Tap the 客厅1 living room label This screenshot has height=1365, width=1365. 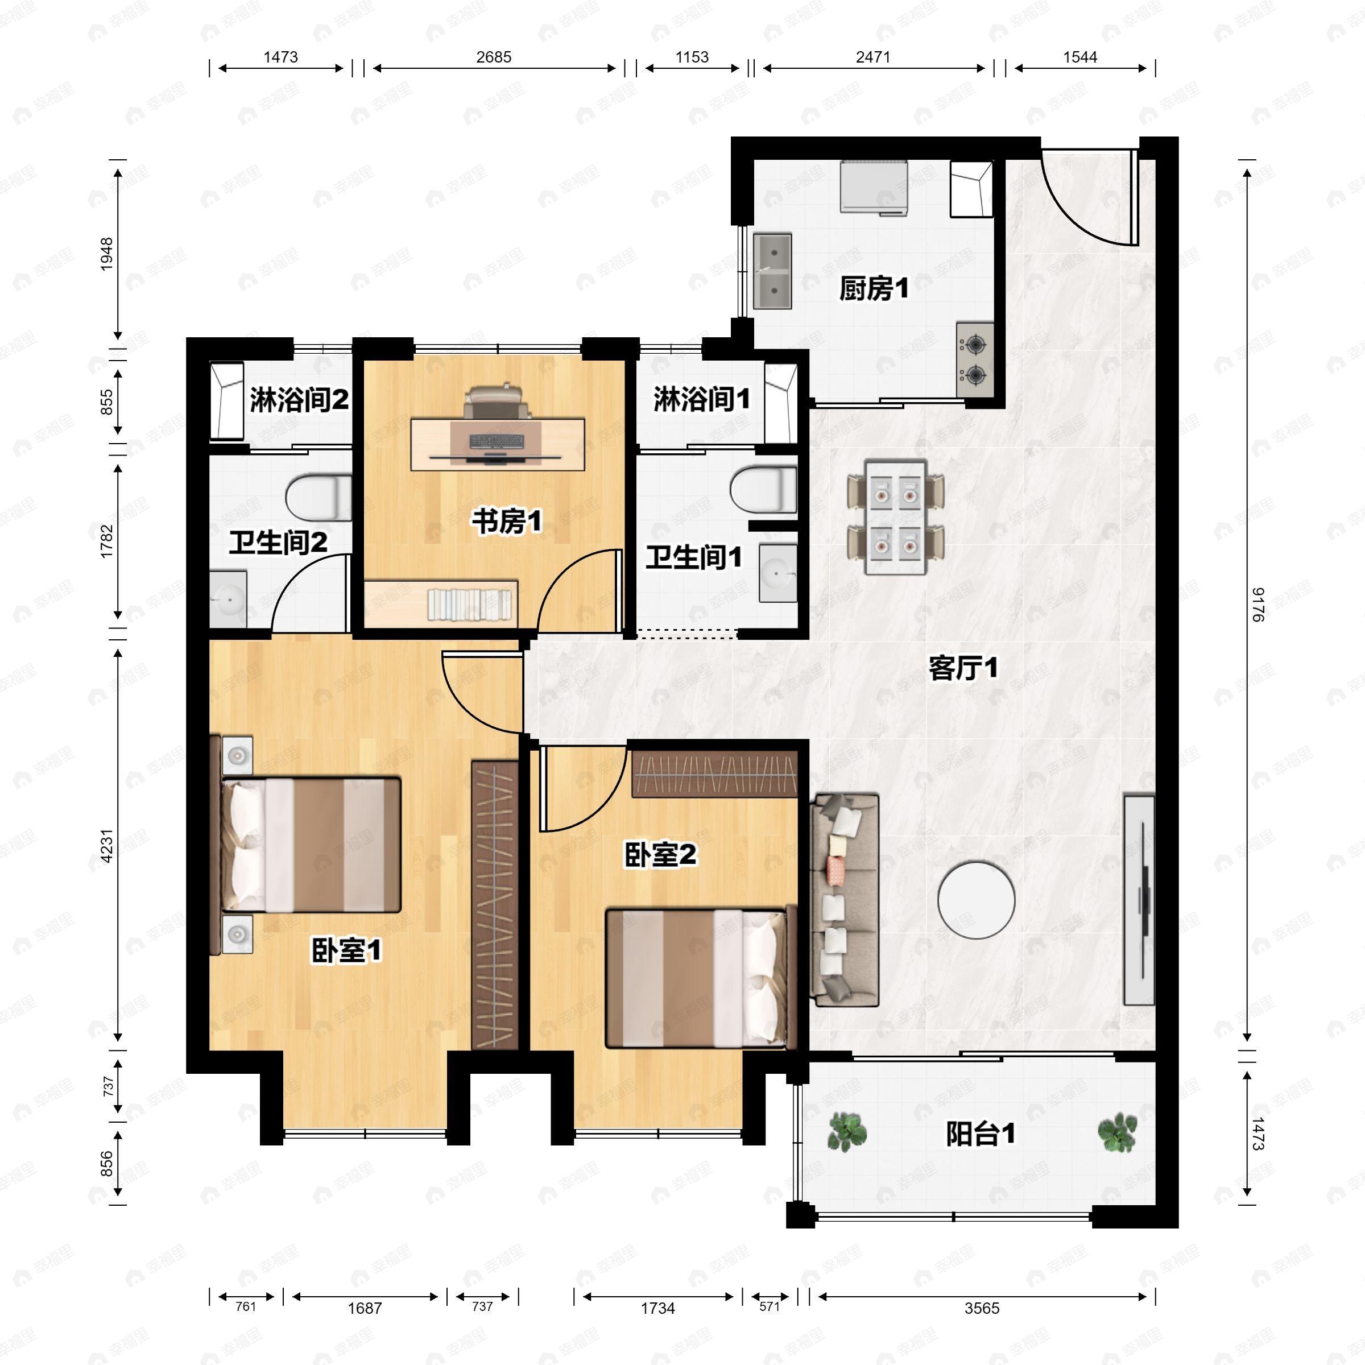963,668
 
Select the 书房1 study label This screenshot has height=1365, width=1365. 507,522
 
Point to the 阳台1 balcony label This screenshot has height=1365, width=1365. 980,1134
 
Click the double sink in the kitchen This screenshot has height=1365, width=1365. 772,271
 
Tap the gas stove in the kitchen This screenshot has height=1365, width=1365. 975,359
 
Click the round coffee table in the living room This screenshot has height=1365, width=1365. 977,899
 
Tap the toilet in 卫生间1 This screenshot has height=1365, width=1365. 763,489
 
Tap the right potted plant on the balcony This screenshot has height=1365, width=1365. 1117,1132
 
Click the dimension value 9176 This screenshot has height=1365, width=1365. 1258,604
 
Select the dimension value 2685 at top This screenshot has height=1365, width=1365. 493,56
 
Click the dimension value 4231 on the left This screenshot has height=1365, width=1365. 107,845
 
